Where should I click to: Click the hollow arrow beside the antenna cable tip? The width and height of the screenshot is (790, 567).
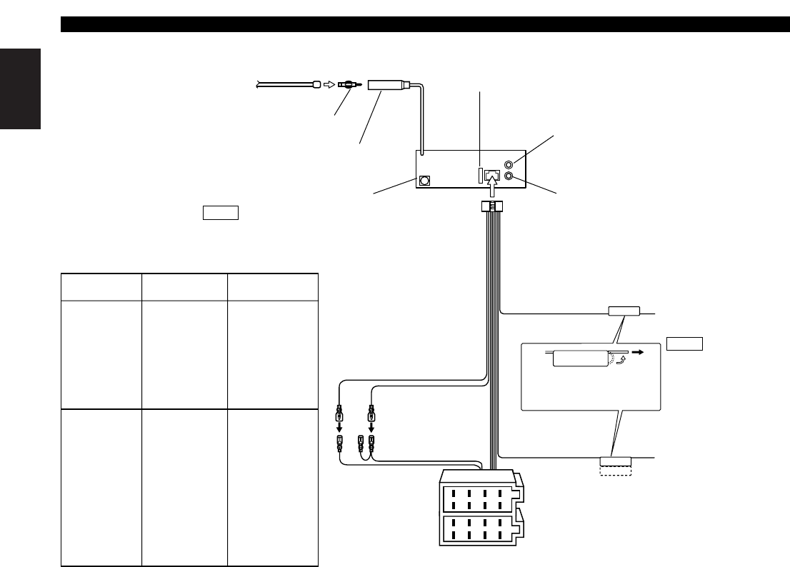(329, 84)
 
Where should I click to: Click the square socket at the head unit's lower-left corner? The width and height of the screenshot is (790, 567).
(425, 181)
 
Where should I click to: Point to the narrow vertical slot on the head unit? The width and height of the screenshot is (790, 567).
(480, 175)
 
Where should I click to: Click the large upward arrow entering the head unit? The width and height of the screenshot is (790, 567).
(491, 189)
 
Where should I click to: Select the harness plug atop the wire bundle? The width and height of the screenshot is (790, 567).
(491, 208)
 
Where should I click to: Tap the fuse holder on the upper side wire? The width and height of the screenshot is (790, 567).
(624, 311)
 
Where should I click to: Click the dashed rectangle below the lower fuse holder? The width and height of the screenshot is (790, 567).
(615, 471)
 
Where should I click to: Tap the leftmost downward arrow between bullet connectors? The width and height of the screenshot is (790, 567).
(340, 428)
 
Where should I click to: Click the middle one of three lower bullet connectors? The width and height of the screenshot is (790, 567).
(361, 443)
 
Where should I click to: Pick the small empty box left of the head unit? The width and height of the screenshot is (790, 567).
(220, 213)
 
